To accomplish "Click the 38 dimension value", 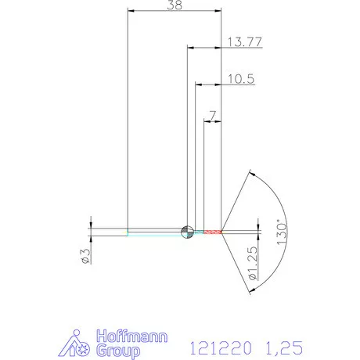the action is [175, 5].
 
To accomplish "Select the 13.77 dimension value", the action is [245, 42].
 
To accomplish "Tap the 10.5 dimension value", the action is [241, 79].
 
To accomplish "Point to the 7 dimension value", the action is [213, 116].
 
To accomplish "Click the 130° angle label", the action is [282, 233].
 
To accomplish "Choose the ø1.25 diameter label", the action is [253, 264].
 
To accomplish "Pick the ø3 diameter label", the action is [85, 256].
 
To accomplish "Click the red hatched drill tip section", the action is [213, 232].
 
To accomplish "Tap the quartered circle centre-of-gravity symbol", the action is [187, 232].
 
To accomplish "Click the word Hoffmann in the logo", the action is [131, 337].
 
